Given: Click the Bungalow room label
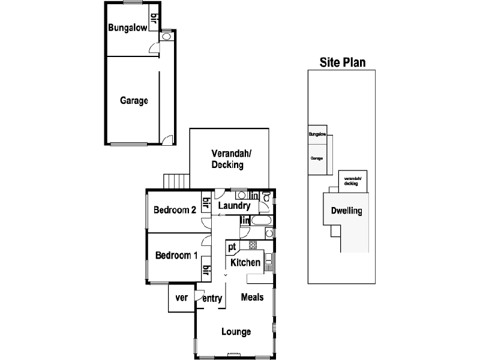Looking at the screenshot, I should pos(127,28).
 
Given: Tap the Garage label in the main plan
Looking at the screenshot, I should pos(134,101).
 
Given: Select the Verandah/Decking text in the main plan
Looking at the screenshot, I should pos(227,160).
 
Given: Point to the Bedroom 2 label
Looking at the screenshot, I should pos(175,210).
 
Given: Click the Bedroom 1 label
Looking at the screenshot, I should pos(176,256).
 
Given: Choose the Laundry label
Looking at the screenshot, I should pos(233,206).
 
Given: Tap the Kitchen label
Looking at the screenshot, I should pos(246,262).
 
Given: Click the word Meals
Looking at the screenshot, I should pos(252,297).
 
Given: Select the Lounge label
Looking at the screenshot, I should pos(236,332).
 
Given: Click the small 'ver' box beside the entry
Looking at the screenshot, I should pos(181,298).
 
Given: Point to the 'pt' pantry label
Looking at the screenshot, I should pos(232,247).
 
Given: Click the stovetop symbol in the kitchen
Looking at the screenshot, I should pos(253,245).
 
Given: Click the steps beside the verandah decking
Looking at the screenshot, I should pos(176,181).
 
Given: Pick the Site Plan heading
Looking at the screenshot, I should pos(343,61).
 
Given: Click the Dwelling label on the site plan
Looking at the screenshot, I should pos(347,211).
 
